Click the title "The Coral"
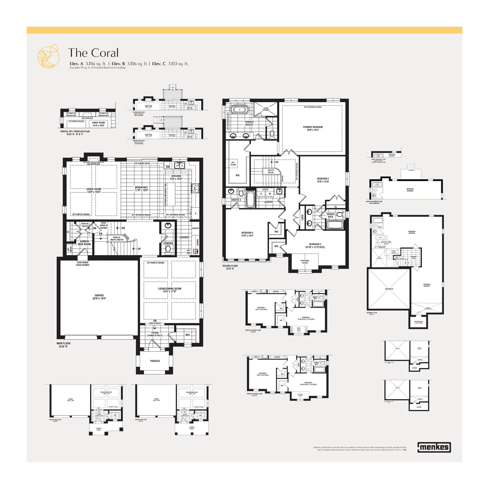93,53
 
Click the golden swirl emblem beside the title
48,56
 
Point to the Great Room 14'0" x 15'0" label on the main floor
94,190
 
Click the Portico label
155,361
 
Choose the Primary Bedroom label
313,128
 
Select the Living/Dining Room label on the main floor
169,290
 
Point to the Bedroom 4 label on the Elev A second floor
247,234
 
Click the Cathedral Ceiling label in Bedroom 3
305,261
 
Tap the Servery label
184,237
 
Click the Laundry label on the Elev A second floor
268,202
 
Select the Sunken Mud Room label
84,243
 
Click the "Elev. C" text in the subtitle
159,64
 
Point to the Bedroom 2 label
323,180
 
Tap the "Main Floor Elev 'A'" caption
63,345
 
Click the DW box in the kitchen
168,167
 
